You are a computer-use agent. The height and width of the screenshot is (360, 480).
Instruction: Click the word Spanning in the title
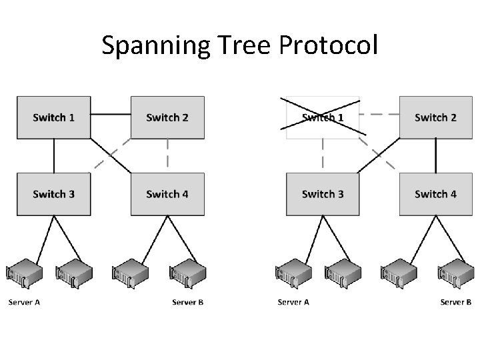(146, 46)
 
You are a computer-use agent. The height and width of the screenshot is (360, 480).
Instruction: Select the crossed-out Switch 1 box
(323, 117)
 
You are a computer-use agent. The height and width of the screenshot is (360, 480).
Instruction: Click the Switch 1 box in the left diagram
(53, 117)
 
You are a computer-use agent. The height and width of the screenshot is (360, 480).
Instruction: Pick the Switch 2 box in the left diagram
(167, 117)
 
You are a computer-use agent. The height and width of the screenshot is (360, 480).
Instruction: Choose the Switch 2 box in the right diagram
(435, 117)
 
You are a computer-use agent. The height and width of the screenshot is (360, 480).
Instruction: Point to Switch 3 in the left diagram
(53, 194)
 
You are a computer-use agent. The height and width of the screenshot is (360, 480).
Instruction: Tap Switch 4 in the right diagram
(435, 194)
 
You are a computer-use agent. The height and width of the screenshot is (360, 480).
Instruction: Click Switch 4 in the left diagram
(167, 194)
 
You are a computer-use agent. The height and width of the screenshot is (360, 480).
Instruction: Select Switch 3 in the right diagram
(323, 194)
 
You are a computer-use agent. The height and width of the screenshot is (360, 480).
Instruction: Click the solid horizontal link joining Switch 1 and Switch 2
(111, 114)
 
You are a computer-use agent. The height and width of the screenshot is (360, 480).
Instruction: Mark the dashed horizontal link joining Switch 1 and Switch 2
(379, 114)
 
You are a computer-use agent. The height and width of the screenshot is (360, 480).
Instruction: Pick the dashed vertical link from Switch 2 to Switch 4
(167, 155)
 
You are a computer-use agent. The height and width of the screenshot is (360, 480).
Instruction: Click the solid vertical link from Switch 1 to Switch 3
(53, 155)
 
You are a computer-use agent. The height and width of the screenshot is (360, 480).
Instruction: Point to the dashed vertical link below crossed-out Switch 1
(323, 155)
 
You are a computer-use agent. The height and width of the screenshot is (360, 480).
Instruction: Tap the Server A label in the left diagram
(25, 302)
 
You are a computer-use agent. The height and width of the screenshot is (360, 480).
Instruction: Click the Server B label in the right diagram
(456, 302)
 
